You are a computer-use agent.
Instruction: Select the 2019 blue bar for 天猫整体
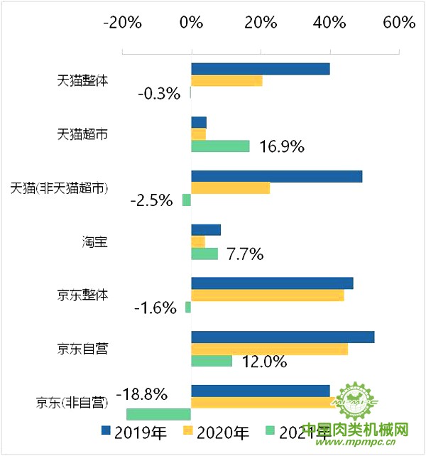click(x=261, y=69)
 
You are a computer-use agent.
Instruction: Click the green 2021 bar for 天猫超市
click(x=220, y=146)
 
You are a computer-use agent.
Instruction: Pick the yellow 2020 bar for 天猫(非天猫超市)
click(x=230, y=188)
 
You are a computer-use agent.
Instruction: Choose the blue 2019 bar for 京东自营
click(x=283, y=337)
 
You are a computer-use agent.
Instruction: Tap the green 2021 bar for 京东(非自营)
click(x=158, y=414)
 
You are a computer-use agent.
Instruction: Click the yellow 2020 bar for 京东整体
click(x=268, y=295)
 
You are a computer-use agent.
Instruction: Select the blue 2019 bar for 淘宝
click(x=206, y=229)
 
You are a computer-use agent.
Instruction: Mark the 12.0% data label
click(x=264, y=362)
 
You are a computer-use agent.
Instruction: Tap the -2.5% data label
click(x=152, y=200)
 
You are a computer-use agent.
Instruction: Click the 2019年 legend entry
click(x=134, y=431)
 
